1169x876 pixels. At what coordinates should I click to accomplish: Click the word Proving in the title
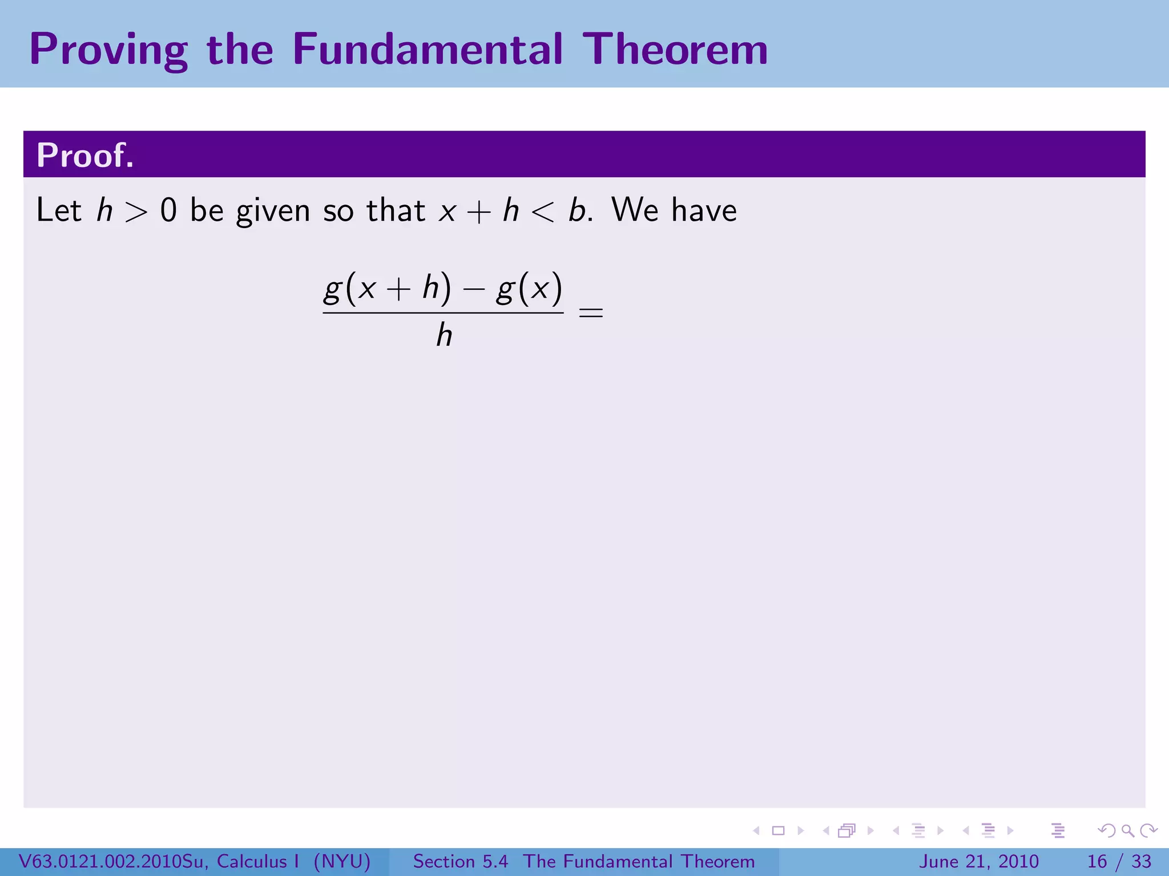[108, 50]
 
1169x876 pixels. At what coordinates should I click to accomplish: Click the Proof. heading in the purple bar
[85, 155]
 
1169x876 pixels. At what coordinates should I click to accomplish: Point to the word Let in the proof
[58, 210]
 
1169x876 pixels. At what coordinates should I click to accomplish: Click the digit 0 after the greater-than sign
[168, 210]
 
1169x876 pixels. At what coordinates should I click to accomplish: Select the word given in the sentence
[273, 211]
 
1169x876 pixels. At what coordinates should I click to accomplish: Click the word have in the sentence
[704, 210]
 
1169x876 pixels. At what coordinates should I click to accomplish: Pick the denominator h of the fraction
[444, 335]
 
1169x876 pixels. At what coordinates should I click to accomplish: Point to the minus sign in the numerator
[473, 290]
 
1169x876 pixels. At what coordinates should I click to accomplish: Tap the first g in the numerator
[332, 290]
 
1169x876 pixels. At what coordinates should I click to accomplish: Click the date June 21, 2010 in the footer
[978, 861]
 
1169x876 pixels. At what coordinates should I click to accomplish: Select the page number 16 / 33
[1119, 861]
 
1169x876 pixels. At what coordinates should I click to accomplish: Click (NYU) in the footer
[342, 861]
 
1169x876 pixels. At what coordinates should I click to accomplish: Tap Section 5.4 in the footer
[460, 861]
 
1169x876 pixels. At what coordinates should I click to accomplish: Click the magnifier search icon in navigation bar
[1127, 831]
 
